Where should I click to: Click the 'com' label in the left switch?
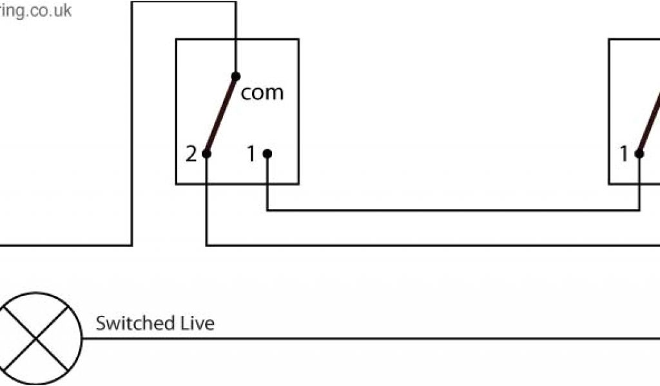coord(262,93)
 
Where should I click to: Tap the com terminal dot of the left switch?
coord(235,76)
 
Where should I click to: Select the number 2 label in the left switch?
coord(191,154)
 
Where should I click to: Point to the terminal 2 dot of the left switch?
coord(206,154)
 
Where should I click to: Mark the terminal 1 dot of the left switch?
coord(267,154)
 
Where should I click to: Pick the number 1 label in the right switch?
coord(623,154)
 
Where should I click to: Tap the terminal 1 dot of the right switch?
coord(639,154)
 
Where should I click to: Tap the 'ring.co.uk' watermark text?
coord(36,11)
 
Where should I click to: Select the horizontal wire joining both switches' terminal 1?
coord(451,210)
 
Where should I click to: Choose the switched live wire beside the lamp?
coord(387,338)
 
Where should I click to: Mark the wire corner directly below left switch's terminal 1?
coord(267,210)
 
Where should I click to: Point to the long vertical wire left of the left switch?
coord(131,129)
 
